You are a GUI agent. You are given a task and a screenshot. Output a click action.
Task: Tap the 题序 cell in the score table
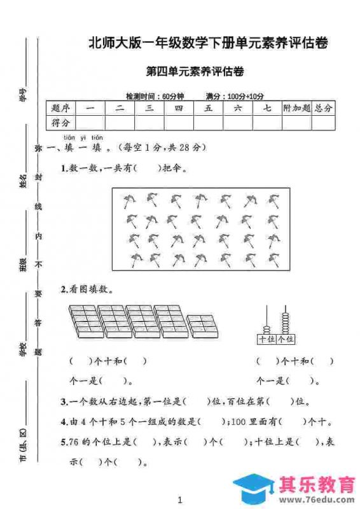pos(61,108)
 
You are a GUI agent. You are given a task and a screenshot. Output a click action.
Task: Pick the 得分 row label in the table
pos(61,122)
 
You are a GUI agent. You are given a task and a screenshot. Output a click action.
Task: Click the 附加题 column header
pos(297,108)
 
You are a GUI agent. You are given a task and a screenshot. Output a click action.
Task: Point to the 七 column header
pos(267,108)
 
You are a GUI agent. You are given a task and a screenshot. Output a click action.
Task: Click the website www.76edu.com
pos(308,499)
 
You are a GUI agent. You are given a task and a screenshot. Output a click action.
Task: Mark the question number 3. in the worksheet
pos(64,401)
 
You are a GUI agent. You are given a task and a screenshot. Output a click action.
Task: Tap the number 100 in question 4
pos(242,421)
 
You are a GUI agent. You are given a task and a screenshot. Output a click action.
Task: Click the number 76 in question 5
pos(73,441)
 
